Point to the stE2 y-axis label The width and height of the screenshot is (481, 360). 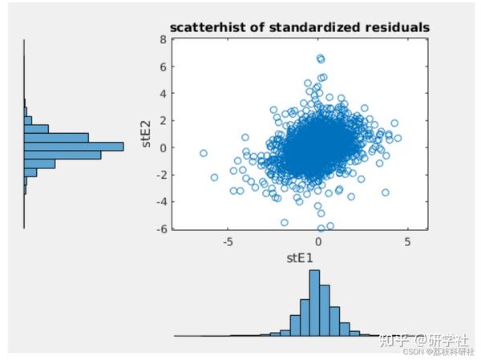pos(147,132)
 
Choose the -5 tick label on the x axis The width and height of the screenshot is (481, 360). pos(228,241)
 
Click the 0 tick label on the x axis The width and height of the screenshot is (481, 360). pos(318,241)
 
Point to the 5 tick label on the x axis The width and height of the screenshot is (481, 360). pos(408,241)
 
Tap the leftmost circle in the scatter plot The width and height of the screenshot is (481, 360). pos(204,152)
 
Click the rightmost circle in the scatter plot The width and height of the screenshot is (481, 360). pos(398,138)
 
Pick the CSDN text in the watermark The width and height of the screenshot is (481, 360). pos(412,350)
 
